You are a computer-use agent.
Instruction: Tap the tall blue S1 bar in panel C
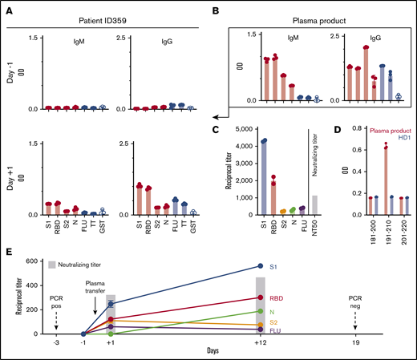pos(263,177)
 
